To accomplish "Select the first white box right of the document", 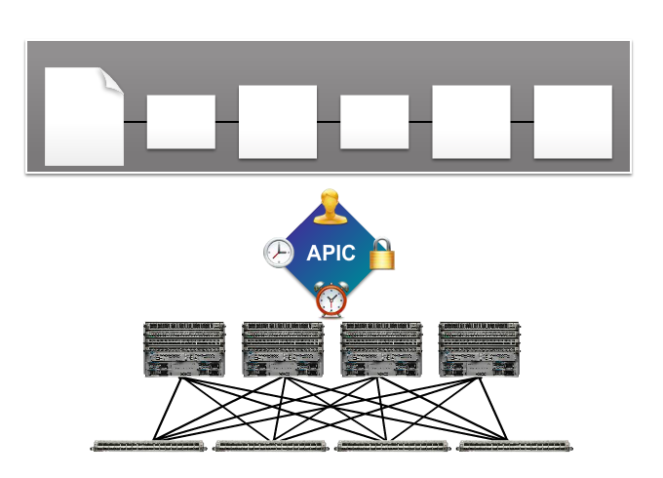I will [180, 122].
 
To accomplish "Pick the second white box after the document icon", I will [278, 122].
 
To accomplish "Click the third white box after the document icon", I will [374, 122].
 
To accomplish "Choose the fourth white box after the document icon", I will [471, 122].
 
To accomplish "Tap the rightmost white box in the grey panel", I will [573, 122].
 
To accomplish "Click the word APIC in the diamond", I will [331, 254].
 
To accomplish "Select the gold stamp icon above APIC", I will [331, 207].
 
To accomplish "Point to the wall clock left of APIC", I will [279, 252].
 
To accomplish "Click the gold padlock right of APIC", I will [382, 253].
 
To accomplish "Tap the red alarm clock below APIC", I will [331, 299].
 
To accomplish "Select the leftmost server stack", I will [184, 348].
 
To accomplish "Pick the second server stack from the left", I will [283, 348].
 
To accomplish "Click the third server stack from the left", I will [381, 348].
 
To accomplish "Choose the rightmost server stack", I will [479, 348].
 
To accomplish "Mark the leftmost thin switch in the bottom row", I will [150, 446].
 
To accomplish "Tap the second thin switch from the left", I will [271, 446].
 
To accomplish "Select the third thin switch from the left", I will [393, 446].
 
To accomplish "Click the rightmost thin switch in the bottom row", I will [515, 446].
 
